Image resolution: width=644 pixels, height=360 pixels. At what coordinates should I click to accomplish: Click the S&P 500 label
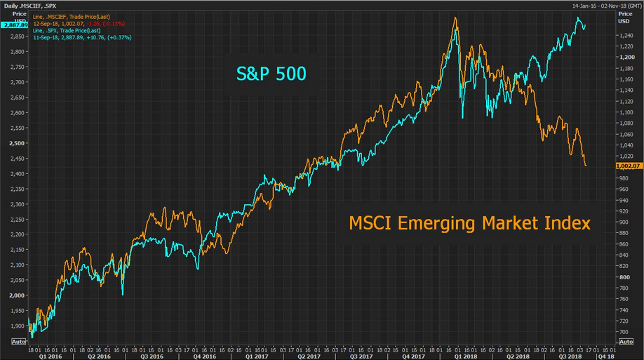(270, 72)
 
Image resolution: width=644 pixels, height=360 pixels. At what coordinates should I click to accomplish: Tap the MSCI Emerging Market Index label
(469, 223)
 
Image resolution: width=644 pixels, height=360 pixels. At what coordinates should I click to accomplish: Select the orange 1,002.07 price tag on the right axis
(628, 166)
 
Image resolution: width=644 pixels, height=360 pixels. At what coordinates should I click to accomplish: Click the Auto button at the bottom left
(18, 341)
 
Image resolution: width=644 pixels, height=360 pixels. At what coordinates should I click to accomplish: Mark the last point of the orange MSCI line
(585, 166)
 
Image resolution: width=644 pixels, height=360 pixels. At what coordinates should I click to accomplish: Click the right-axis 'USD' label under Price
(622, 20)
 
